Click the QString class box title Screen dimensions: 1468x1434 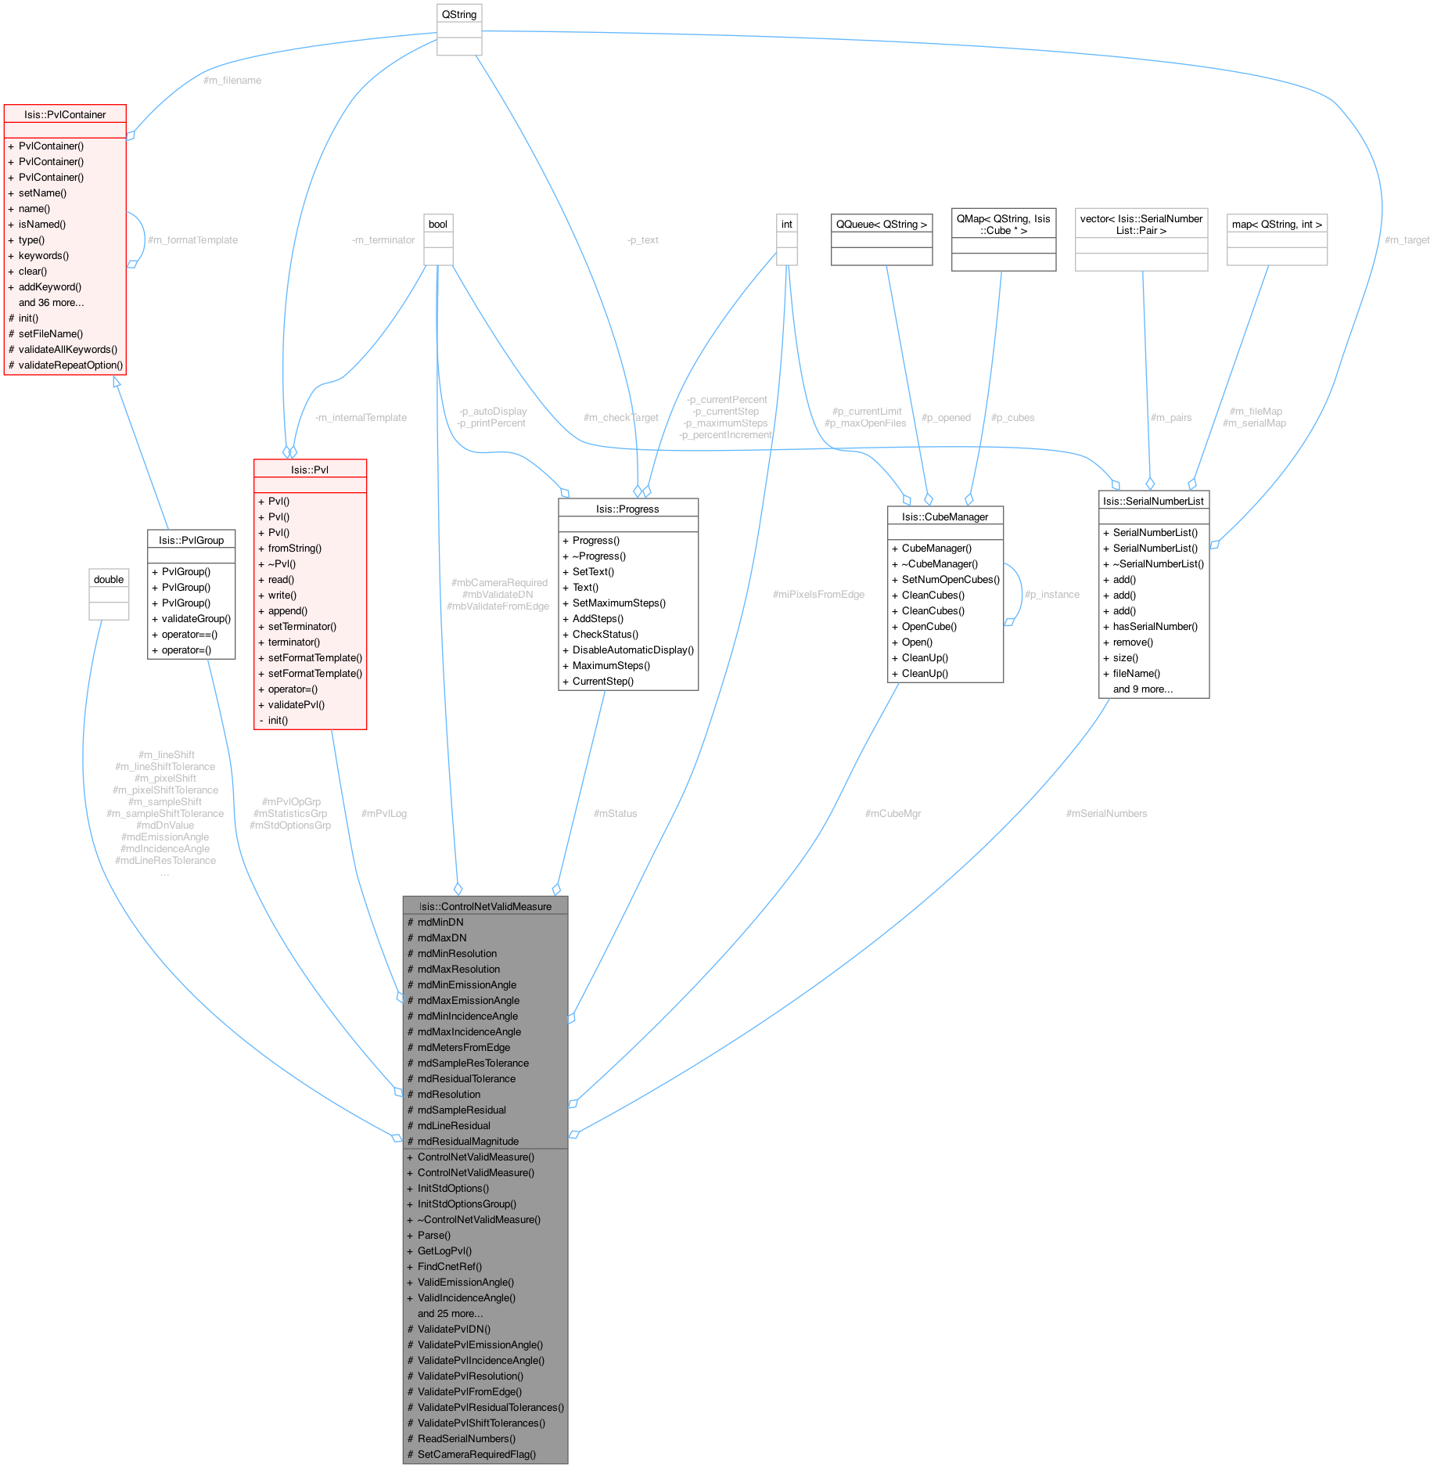click(458, 15)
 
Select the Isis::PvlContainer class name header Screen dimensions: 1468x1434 click(65, 114)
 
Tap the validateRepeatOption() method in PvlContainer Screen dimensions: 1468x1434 click(70, 365)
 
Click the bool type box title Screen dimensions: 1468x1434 click(438, 224)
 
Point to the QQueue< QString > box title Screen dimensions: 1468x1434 click(882, 224)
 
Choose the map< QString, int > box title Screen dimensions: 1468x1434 click(1277, 224)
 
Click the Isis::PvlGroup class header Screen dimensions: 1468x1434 click(191, 540)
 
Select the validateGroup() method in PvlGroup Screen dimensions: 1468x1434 click(196, 618)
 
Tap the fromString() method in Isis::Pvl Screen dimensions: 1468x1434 click(294, 548)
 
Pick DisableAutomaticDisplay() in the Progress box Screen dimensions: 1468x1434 click(633, 649)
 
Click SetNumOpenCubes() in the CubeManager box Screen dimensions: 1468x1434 click(951, 579)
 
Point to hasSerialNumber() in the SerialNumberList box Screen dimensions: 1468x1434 click(1155, 626)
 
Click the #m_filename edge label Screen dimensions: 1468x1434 click(232, 80)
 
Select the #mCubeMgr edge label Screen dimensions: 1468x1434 click(893, 813)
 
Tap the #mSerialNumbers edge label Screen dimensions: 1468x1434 click(1106, 813)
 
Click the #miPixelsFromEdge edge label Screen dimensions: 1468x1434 click(818, 594)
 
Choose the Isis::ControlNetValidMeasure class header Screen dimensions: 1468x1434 click(485, 906)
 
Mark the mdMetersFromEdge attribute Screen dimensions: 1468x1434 click(463, 1047)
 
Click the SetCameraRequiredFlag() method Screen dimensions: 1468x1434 click(476, 1454)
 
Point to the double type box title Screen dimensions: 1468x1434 click(109, 579)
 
